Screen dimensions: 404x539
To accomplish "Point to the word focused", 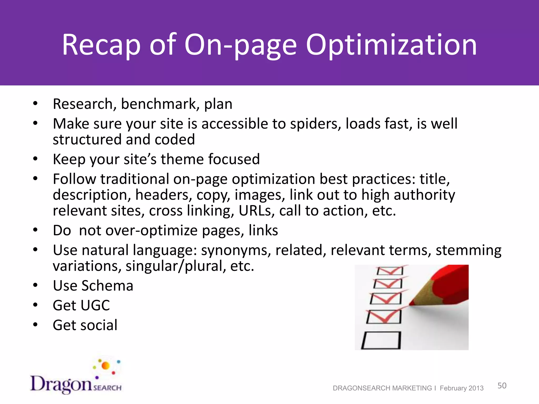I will pyautogui.click(x=234, y=159).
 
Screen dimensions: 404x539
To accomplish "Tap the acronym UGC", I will pyautogui.click(x=95, y=306).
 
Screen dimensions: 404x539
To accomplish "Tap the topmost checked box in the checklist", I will pyautogui.click(x=390, y=271).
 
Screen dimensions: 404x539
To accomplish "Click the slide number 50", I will pyautogui.click(x=502, y=386).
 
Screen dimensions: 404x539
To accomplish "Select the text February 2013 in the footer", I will pyautogui.click(x=462, y=388).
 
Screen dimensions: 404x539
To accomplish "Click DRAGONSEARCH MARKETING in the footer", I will pyautogui.click(x=382, y=388).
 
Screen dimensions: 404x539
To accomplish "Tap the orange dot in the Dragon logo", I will pyautogui.click(x=106, y=366).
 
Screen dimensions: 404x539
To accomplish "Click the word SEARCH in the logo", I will pyautogui.click(x=107, y=388).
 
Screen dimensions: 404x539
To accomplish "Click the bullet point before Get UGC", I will pyautogui.click(x=36, y=305).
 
